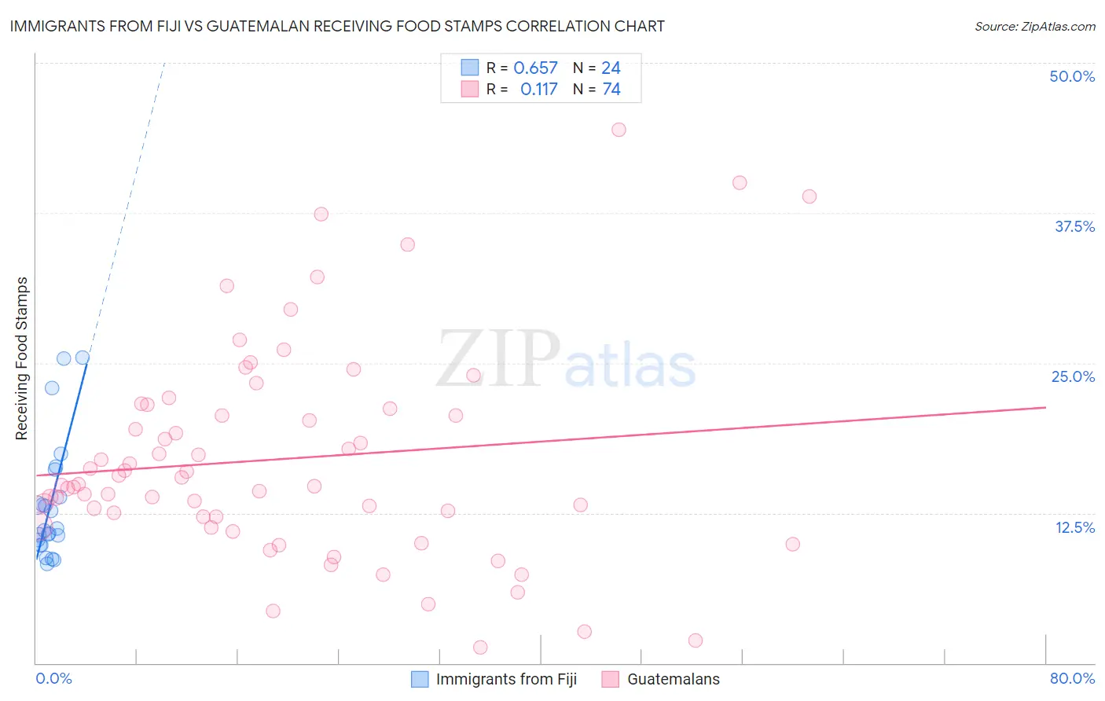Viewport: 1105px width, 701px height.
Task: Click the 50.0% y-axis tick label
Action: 1072,76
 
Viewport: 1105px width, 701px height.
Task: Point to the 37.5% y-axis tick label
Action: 1074,226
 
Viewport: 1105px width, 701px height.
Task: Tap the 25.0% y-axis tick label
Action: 1073,376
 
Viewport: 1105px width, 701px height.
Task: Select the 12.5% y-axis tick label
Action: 1074,527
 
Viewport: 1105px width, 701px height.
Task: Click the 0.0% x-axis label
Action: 53,678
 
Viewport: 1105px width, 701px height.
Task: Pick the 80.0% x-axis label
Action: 1072,678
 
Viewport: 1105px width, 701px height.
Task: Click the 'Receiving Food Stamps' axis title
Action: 22,358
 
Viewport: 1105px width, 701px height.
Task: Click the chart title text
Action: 337,26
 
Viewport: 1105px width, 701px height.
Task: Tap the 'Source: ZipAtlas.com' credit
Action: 1034,26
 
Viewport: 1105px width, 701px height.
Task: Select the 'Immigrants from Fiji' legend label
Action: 506,679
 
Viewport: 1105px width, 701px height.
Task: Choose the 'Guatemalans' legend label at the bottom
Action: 673,679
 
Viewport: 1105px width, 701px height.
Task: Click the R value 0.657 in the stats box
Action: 535,68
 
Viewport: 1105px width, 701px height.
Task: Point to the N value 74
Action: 611,90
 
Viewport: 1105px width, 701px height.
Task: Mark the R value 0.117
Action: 538,90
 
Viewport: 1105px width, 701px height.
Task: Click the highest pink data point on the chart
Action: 619,130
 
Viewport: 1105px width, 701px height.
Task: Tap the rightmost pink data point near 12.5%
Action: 792,544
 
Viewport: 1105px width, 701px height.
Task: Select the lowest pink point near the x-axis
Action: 480,647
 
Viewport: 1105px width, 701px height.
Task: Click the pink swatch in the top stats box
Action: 470,89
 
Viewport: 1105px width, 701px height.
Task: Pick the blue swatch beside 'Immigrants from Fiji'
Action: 420,679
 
